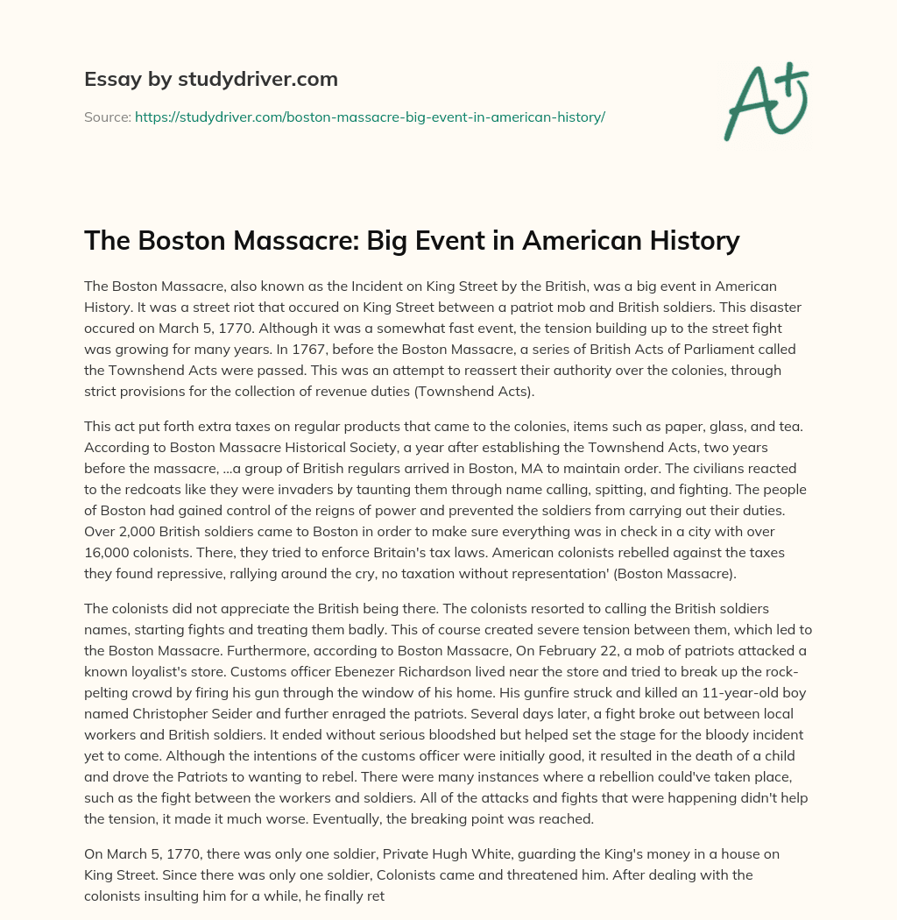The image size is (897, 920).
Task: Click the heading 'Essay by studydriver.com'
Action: point(211,80)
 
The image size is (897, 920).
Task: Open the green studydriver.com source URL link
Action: point(370,117)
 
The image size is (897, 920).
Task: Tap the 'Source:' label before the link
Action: point(108,117)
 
